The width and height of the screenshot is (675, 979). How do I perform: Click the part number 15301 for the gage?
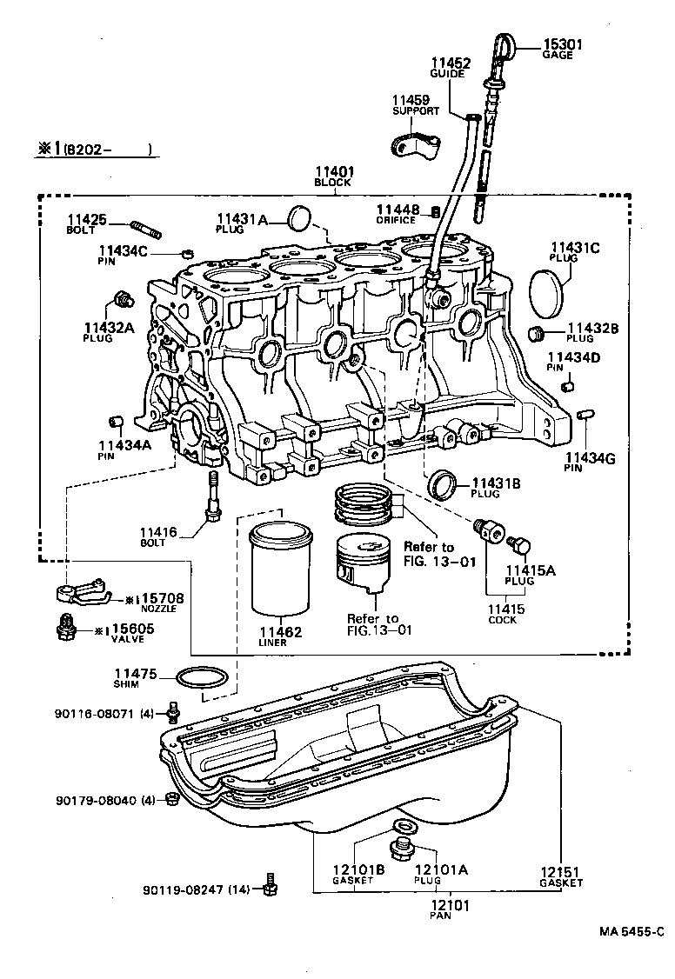(x=563, y=44)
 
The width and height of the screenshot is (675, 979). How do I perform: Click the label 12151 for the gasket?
(x=560, y=871)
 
